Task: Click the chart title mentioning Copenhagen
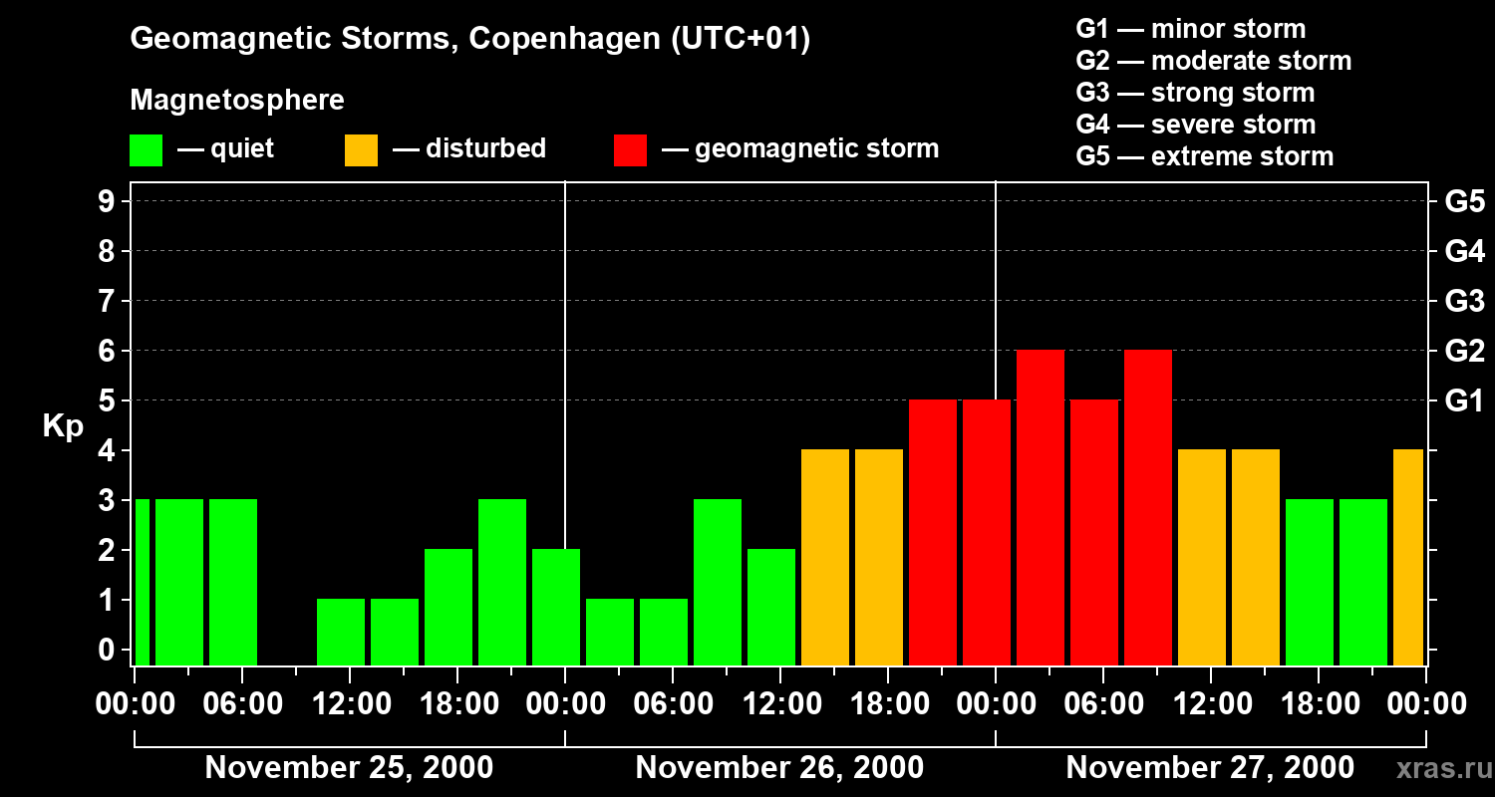coord(469,39)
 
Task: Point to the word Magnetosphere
coord(237,101)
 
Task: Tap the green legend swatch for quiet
coord(146,149)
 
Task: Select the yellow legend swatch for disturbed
coord(361,149)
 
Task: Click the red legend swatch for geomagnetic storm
coord(630,149)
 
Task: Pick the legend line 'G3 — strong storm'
coord(1195,93)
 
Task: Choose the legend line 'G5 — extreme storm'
coord(1204,156)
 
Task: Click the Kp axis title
coord(63,426)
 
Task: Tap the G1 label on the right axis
coord(1464,401)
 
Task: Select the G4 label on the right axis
coord(1464,251)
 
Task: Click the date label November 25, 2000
coord(349,768)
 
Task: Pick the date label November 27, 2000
coord(1210,768)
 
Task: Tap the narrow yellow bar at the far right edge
coord(1408,558)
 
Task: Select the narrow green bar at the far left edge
coord(142,583)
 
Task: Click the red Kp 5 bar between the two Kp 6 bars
coord(1094,533)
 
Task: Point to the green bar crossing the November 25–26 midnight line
coord(556,608)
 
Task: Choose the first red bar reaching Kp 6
coord(1041,508)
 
